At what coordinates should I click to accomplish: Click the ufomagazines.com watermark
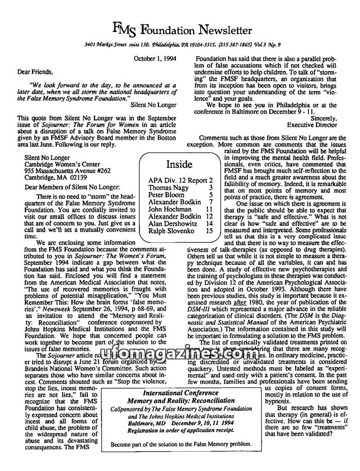[x=180, y=356]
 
